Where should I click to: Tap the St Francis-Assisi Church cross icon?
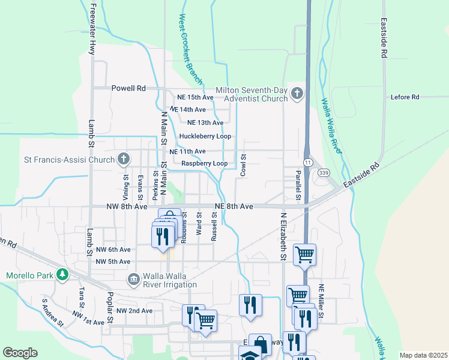click(124, 160)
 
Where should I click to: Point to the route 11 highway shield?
click(307, 163)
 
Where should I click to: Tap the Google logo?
click(20, 352)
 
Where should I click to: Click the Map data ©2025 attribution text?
click(423, 355)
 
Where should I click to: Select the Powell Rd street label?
click(128, 88)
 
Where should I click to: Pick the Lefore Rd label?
click(405, 97)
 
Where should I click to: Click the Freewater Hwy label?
click(92, 29)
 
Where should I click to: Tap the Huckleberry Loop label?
click(205, 136)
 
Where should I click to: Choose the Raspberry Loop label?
click(204, 163)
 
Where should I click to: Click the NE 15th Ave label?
click(195, 97)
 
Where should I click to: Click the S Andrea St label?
click(52, 312)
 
